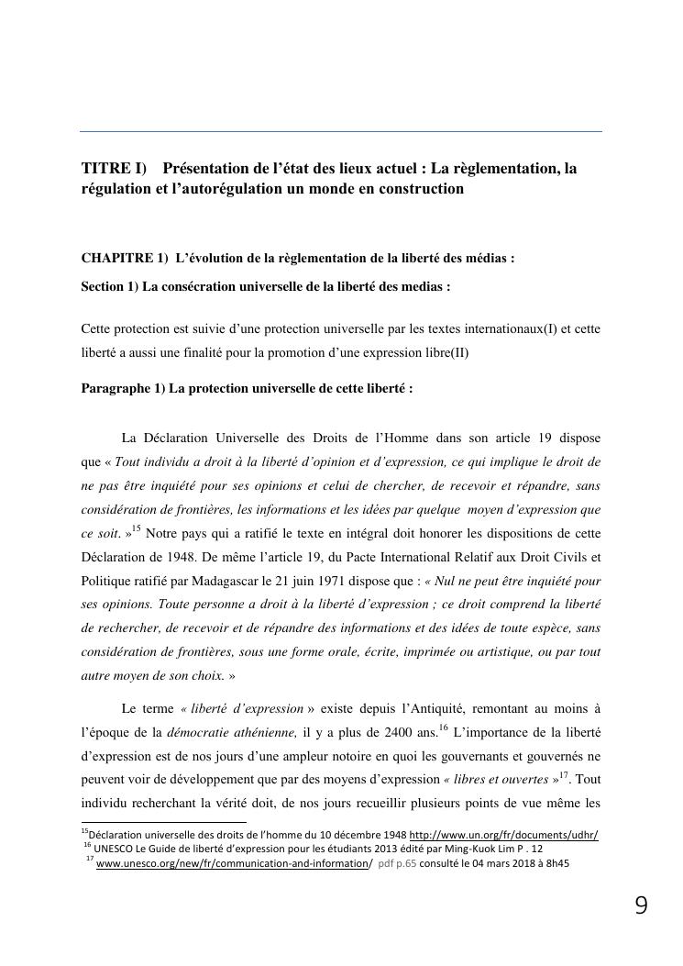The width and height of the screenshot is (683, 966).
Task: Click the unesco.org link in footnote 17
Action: pyautogui.click(x=230, y=862)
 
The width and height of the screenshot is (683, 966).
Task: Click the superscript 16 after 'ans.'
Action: pyautogui.click(x=443, y=727)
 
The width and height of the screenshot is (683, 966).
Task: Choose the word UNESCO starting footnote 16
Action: pyautogui.click(x=115, y=849)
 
